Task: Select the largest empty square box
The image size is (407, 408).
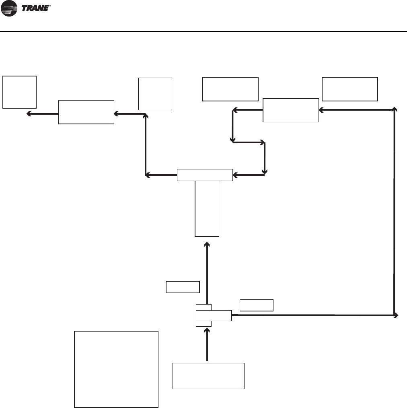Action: [x=116, y=369]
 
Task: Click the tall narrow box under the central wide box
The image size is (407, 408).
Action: [x=207, y=208]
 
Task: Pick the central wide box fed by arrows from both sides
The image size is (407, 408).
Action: [x=205, y=175]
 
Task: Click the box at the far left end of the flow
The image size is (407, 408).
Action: [x=19, y=92]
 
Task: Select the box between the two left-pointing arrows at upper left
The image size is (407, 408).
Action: [x=86, y=112]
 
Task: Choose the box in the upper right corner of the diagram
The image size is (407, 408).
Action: [x=350, y=89]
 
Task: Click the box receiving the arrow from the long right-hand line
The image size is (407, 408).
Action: [x=290, y=110]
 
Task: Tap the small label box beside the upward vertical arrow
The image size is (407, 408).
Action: [x=183, y=287]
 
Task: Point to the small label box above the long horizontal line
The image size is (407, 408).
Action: [x=257, y=305]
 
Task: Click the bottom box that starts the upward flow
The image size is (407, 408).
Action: [x=208, y=376]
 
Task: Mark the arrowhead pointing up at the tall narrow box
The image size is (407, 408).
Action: [x=207, y=245]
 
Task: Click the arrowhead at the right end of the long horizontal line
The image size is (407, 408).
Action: [x=396, y=315]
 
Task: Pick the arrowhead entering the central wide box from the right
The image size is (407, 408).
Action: [x=235, y=175]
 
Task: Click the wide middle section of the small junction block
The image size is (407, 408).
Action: [x=214, y=315]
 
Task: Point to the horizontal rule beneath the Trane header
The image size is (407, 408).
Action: [x=203, y=31]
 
